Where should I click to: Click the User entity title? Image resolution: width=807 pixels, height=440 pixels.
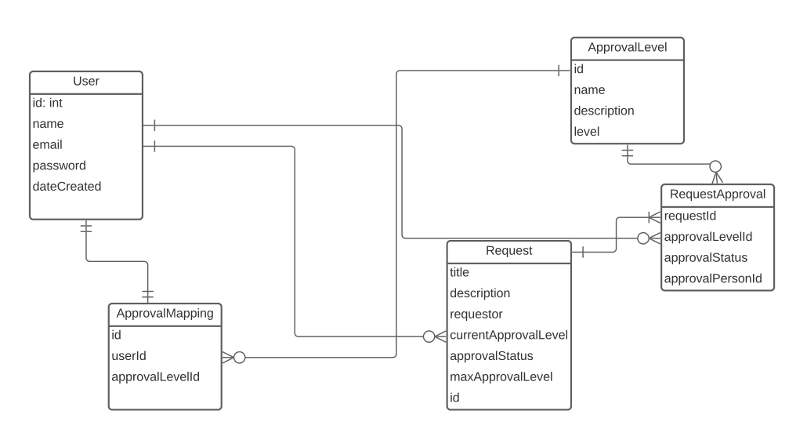pyautogui.click(x=86, y=82)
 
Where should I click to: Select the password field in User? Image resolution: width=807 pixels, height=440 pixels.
pyautogui.click(x=60, y=165)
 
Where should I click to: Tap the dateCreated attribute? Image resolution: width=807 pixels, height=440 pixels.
pyautogui.click(x=67, y=187)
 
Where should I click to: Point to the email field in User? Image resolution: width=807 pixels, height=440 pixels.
pyautogui.click(x=48, y=144)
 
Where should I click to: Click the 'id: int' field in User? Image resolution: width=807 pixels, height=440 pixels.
pyautogui.click(x=48, y=103)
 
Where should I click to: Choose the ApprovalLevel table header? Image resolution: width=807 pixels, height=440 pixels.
pyautogui.click(x=627, y=48)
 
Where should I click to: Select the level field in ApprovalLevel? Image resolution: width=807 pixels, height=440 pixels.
pyautogui.click(x=587, y=132)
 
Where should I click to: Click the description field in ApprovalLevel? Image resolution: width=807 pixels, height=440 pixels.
pyautogui.click(x=604, y=111)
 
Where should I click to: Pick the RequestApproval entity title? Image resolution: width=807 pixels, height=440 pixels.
pyautogui.click(x=718, y=194)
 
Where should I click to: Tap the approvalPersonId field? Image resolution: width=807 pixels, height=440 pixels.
pyautogui.click(x=713, y=278)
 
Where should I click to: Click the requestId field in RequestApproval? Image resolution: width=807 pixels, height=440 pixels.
pyautogui.click(x=690, y=216)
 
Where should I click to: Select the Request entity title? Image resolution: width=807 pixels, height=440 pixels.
pyautogui.click(x=508, y=251)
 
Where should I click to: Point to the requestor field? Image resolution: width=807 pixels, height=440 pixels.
pyautogui.click(x=476, y=314)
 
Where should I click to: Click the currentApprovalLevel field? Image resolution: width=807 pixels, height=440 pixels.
pyautogui.click(x=508, y=335)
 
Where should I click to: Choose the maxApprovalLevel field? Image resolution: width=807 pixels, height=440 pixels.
pyautogui.click(x=501, y=376)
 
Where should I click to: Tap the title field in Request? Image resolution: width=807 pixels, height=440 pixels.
pyautogui.click(x=460, y=272)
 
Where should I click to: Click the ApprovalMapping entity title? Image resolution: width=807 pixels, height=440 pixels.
pyautogui.click(x=165, y=313)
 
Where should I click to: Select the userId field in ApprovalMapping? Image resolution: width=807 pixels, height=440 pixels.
pyautogui.click(x=129, y=355)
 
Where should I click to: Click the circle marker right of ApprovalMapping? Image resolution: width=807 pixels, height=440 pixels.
pyautogui.click(x=240, y=358)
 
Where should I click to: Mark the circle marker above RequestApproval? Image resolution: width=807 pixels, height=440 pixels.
pyautogui.click(x=715, y=166)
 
